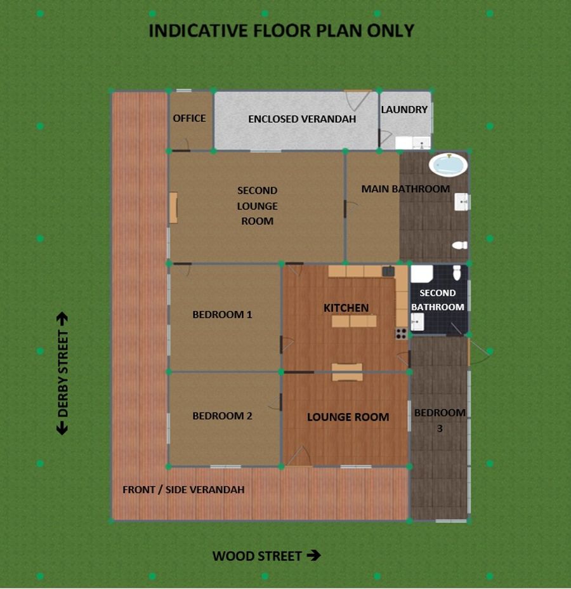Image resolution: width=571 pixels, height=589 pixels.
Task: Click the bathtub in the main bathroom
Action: tap(449, 165)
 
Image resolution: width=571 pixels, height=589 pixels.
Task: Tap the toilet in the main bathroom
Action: tap(460, 245)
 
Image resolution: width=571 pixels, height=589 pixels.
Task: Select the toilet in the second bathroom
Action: tap(457, 273)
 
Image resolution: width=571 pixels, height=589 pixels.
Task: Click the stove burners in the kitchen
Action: tap(402, 333)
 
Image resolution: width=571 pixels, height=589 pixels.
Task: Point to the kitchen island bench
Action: tap(354, 321)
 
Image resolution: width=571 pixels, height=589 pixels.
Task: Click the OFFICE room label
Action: tap(189, 118)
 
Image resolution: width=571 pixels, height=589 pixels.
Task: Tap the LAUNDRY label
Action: tap(404, 110)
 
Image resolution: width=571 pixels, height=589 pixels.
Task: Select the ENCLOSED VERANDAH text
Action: tap(302, 119)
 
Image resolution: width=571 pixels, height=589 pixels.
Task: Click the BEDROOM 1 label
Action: tap(222, 314)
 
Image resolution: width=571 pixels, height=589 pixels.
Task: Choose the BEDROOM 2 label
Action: tap(222, 416)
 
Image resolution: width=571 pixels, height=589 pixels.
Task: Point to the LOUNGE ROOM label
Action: tap(348, 417)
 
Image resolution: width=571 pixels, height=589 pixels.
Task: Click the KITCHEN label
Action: tap(346, 308)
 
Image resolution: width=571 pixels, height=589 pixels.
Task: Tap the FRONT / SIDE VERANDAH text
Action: tap(183, 489)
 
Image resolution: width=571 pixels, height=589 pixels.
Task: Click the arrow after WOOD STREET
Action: tap(313, 555)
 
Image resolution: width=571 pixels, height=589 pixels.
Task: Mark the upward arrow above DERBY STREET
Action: tap(62, 319)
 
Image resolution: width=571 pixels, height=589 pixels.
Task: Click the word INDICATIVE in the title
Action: tap(198, 31)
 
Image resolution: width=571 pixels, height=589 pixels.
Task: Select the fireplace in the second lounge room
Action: tap(173, 208)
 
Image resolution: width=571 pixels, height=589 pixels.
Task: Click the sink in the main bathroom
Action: tap(461, 202)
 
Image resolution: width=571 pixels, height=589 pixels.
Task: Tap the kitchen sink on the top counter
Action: tap(388, 271)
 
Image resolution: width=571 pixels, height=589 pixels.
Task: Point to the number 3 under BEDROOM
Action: tap(440, 428)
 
